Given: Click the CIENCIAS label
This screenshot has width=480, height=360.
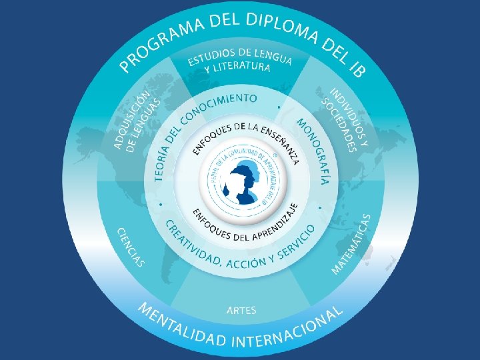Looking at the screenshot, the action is tap(131, 246).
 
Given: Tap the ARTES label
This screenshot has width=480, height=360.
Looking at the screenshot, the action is tap(241, 310).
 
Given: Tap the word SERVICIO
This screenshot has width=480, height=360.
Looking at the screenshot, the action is tap(297, 241).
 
